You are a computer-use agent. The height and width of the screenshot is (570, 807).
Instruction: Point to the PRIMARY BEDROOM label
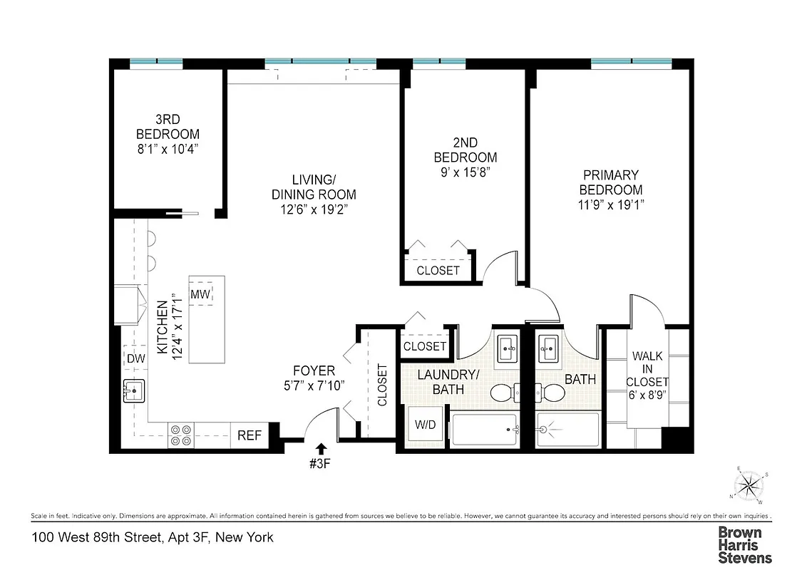tap(610, 182)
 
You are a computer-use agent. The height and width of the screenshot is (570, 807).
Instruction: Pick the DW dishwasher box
tap(135, 359)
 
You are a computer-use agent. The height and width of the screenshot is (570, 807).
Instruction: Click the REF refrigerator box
tap(250, 435)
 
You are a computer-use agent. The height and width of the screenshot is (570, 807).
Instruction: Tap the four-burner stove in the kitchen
tap(180, 435)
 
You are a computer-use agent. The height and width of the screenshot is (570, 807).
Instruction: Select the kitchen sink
tap(133, 390)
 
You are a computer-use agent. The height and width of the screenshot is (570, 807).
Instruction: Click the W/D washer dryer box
tap(426, 425)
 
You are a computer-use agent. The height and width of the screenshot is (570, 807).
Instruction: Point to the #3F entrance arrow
tap(321, 449)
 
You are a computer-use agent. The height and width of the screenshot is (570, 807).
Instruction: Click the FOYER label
tap(314, 371)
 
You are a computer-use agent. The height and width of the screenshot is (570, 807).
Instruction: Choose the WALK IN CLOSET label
tap(647, 368)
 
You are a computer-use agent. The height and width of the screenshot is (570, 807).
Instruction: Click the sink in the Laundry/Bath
tap(509, 348)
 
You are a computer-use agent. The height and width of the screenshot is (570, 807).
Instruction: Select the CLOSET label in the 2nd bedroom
tap(438, 271)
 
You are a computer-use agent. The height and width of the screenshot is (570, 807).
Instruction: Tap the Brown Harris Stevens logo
tap(744, 545)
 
